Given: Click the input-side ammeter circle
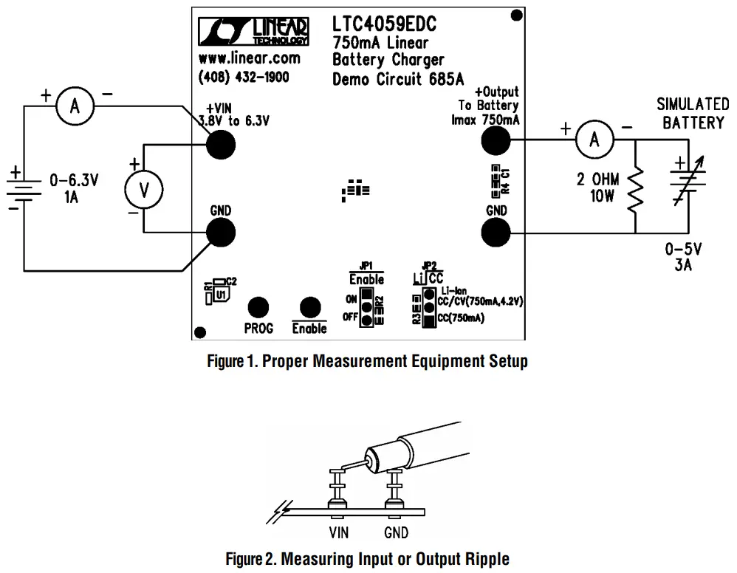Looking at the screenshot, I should tap(75, 107).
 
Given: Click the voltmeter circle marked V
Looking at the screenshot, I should tap(145, 191).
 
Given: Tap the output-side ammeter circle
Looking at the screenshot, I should tap(595, 139).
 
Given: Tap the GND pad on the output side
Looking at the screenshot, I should tap(496, 233).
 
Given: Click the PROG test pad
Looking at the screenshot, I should tap(258, 308).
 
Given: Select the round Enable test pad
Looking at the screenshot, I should tap(309, 308).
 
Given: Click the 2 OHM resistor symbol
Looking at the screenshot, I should tap(636, 188).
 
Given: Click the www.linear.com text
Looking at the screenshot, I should tap(249, 58).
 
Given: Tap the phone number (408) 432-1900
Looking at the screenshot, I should tap(244, 77).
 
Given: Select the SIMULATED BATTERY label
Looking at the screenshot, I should tap(693, 114).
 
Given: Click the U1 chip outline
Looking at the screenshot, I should tap(221, 295).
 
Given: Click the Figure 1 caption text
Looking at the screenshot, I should tap(367, 362).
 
